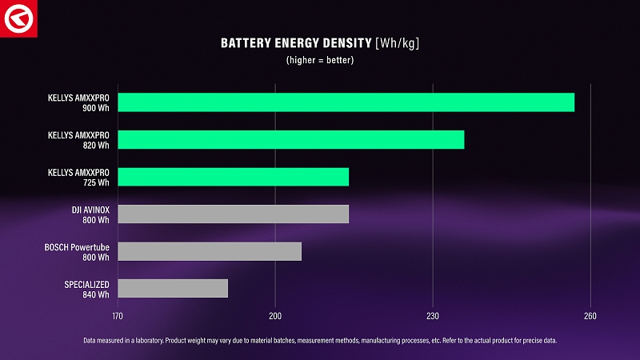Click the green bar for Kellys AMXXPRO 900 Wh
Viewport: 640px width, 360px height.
click(346, 102)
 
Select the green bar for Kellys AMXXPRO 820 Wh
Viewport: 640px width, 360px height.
click(290, 139)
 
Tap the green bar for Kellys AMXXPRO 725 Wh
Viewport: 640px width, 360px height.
click(233, 177)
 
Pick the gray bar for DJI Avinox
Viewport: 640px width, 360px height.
click(233, 214)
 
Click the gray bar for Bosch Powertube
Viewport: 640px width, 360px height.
click(210, 251)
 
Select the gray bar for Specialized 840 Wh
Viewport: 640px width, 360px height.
click(173, 288)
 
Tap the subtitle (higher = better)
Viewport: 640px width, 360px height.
click(320, 60)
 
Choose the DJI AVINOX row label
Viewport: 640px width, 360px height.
click(90, 209)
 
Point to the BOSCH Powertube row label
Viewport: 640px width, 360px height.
click(77, 246)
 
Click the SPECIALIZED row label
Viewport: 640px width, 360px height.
click(87, 284)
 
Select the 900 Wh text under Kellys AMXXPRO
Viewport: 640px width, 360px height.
click(95, 108)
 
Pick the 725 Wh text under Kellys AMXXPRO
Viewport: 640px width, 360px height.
click(95, 182)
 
